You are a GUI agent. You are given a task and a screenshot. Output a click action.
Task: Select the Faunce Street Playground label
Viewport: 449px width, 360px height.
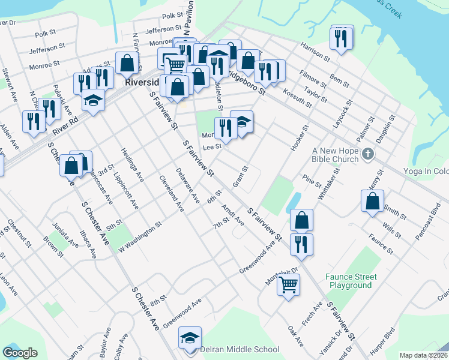351,281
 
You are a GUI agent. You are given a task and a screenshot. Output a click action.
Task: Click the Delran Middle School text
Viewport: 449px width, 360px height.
240,349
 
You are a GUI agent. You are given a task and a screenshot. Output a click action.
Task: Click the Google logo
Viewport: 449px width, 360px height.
20,353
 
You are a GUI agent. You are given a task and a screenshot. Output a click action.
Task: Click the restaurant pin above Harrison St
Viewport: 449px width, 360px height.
342,38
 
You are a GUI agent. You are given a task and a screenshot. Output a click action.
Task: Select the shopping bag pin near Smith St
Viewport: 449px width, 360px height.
373,201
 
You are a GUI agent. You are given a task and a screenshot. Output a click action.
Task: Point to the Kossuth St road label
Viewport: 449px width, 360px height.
298,97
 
